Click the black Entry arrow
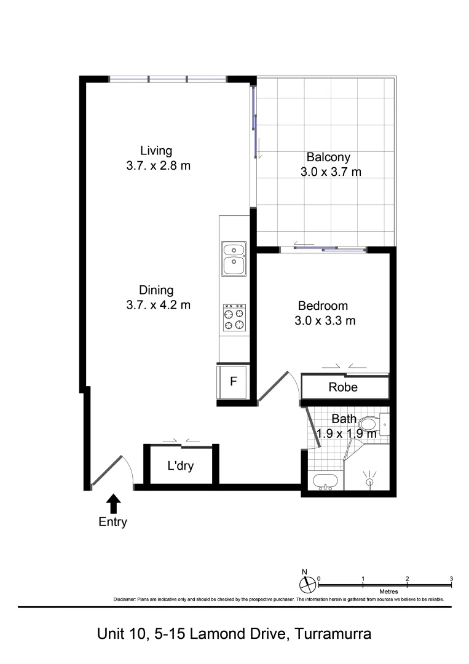pyautogui.click(x=113, y=504)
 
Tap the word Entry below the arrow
pyautogui.click(x=113, y=523)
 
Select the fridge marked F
pyautogui.click(x=233, y=381)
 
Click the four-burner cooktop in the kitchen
pyautogui.click(x=234, y=318)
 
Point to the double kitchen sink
pyautogui.click(x=234, y=258)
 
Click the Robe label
pyautogui.click(x=343, y=388)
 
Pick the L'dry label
pyautogui.click(x=181, y=466)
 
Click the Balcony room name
pyautogui.click(x=328, y=157)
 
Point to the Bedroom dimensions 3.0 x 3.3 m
pyautogui.click(x=326, y=320)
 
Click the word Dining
pyautogui.click(x=156, y=290)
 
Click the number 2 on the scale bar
pyautogui.click(x=407, y=579)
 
